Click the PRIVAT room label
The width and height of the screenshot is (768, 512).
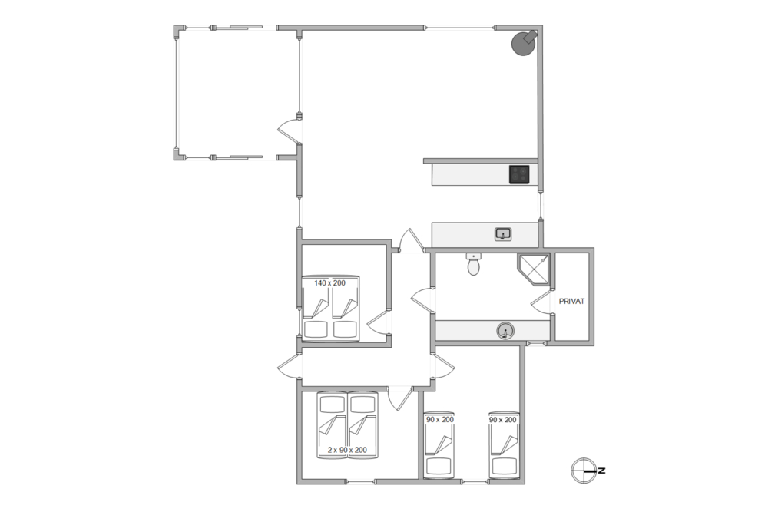click(571, 302)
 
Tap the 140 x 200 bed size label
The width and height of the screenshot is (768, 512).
click(329, 283)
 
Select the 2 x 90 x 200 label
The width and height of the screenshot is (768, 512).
click(347, 451)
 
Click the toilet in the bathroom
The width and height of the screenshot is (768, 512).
click(473, 264)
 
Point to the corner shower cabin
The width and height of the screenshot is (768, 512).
click(533, 269)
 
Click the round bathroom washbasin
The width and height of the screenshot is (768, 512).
click(505, 332)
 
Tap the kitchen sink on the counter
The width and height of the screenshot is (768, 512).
click(503, 234)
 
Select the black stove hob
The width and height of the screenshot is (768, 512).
click(519, 175)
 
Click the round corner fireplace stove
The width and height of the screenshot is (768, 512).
click(524, 43)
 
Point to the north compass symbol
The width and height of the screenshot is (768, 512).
click(584, 471)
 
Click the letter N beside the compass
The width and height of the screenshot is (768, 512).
click(602, 471)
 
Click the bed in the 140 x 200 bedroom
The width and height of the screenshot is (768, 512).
click(329, 309)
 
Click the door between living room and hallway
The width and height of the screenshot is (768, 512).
click(410, 241)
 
